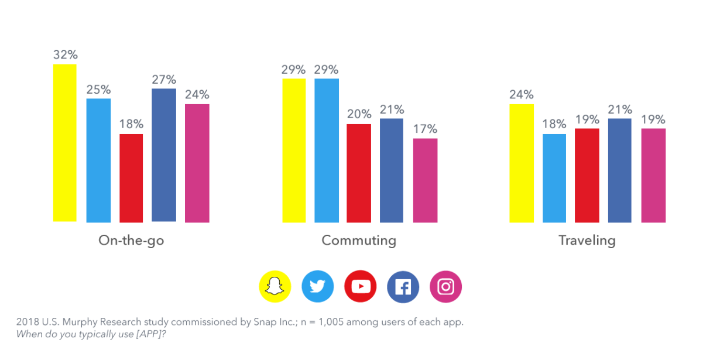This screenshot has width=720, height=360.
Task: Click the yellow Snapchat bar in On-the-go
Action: point(65,143)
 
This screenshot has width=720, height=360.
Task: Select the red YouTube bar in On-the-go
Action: point(131,178)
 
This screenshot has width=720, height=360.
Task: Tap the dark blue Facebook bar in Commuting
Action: point(392,170)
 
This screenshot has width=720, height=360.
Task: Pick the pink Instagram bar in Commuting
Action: point(425,180)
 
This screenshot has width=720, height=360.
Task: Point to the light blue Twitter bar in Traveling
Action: point(554,178)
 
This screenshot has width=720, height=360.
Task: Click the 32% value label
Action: point(65,55)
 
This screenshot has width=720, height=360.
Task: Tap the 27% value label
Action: point(164,80)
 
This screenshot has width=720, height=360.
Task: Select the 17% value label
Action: point(425,129)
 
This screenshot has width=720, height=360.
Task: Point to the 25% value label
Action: point(98,90)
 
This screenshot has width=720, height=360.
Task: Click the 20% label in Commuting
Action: point(359,114)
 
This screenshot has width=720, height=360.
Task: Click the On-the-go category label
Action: point(131,241)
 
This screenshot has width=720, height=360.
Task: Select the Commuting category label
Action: point(359,241)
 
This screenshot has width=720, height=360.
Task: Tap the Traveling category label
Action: point(587,241)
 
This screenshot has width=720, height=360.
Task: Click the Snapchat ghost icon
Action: point(275,286)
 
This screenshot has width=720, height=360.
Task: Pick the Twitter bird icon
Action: point(318,286)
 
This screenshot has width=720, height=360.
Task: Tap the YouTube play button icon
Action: point(361,286)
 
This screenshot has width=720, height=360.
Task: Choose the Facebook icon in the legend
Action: point(403,286)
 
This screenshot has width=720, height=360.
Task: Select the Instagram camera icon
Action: point(446,286)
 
